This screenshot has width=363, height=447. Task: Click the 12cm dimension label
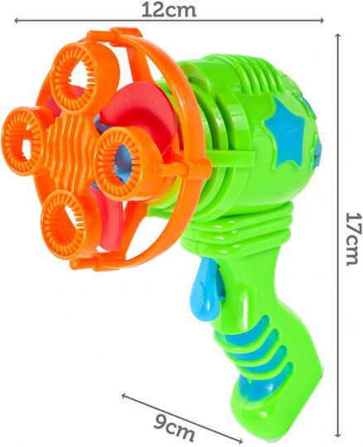point(169,10)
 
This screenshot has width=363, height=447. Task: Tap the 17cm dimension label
point(353,238)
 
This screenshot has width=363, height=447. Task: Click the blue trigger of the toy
point(205,289)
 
